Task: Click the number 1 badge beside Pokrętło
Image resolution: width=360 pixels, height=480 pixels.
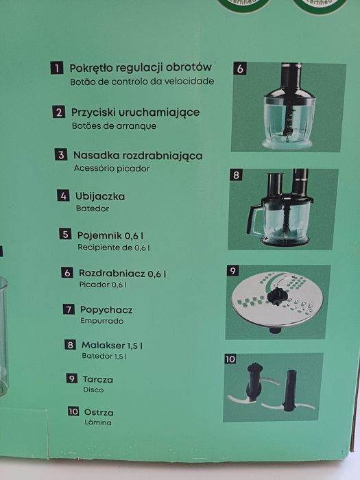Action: pyautogui.click(x=56, y=69)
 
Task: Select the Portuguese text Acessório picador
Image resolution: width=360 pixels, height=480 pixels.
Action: pyautogui.click(x=110, y=168)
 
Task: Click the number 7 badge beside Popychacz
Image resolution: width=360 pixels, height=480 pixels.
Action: pyautogui.click(x=69, y=309)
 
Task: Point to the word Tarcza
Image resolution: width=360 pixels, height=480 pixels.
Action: pyautogui.click(x=99, y=379)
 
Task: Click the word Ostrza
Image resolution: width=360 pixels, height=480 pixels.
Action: pyautogui.click(x=99, y=413)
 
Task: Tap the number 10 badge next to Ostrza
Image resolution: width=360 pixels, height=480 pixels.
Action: pyautogui.click(x=73, y=412)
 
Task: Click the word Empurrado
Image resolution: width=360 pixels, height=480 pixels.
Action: pyautogui.click(x=102, y=320)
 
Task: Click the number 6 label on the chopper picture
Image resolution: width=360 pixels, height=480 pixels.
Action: pyautogui.click(x=240, y=69)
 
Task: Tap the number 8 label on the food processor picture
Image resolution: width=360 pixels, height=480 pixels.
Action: pyautogui.click(x=237, y=176)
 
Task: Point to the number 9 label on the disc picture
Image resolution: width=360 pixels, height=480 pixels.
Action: pyautogui.click(x=233, y=272)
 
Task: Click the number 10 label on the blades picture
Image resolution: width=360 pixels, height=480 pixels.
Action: pyautogui.click(x=230, y=359)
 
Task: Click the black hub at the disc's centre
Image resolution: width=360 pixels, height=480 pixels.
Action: pyautogui.click(x=276, y=297)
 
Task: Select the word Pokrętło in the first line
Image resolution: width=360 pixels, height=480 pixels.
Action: pyautogui.click(x=93, y=69)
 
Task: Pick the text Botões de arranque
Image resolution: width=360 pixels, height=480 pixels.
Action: pyautogui.click(x=114, y=126)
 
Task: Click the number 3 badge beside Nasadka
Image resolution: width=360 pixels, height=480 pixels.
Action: pyautogui.click(x=61, y=155)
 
